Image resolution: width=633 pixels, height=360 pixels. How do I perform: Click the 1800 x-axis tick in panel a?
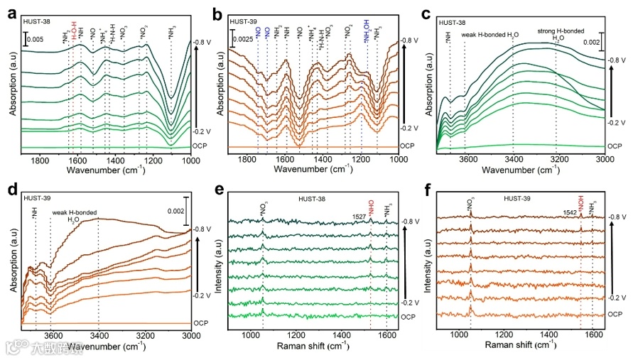pyautogui.click(x=41, y=159)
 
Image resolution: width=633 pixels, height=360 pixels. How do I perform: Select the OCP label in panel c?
pyautogui.click(x=615, y=146)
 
